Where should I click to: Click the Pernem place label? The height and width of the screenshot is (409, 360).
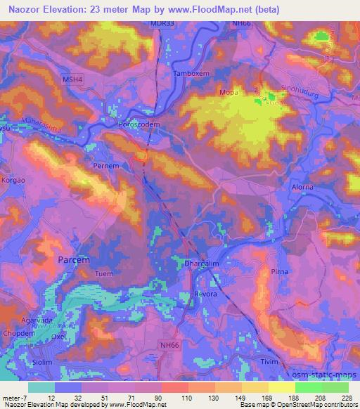tap(106, 167)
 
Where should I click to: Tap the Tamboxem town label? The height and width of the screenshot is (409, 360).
tap(188, 73)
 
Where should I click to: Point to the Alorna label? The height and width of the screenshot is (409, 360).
tap(303, 187)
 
